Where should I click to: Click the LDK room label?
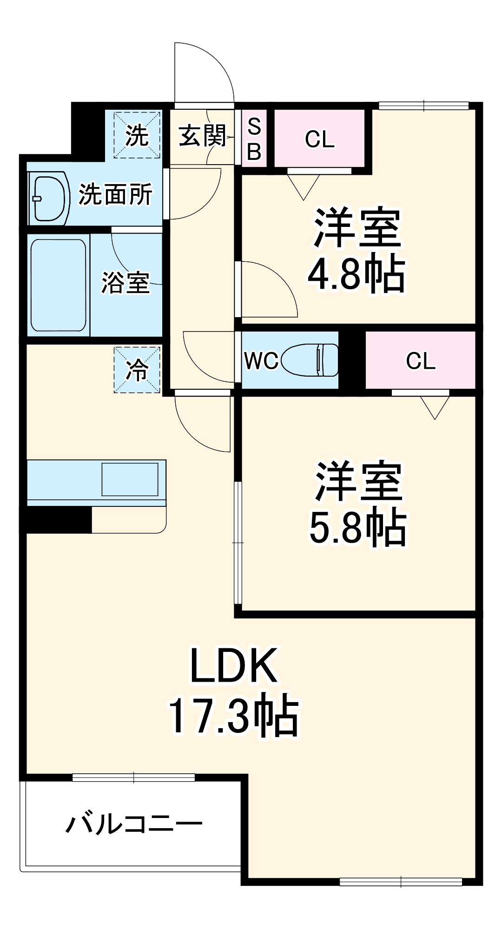[234, 665]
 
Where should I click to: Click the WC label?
[261, 361]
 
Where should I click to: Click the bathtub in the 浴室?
[59, 285]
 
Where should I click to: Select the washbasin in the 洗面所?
[48, 198]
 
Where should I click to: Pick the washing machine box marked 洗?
[137, 135]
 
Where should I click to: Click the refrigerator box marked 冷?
[137, 370]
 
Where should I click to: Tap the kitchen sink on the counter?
[130, 479]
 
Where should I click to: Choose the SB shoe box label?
[254, 139]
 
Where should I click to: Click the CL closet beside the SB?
[319, 139]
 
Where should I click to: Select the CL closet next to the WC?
[420, 361]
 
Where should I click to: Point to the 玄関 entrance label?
[202, 136]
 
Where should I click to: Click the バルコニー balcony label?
[134, 824]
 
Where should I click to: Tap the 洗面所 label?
[115, 194]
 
